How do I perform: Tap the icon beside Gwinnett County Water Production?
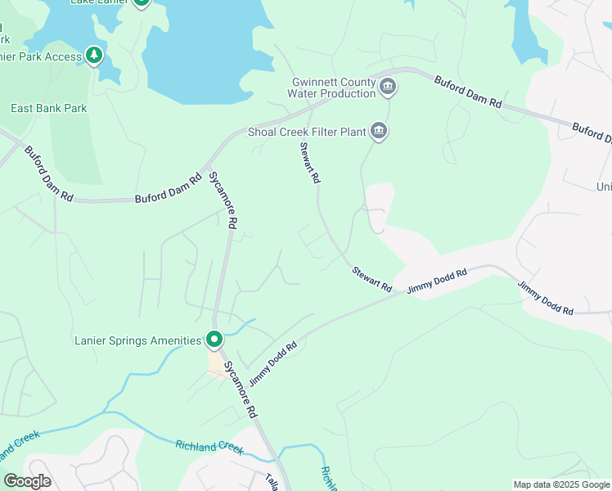coord(388,87)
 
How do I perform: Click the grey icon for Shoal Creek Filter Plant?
coord(378,130)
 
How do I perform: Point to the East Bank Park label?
coord(49,108)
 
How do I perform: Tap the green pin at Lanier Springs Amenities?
coord(214,339)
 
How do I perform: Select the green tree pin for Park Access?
coord(96,56)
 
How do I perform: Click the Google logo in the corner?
coord(27,480)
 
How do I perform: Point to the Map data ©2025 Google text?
coord(561,484)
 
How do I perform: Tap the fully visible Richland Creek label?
coord(209,447)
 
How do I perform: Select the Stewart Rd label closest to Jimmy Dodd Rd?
coord(372,278)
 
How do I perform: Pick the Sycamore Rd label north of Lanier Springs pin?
coord(222,200)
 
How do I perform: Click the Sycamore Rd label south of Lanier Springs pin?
coord(241,388)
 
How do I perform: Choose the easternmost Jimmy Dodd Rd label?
coord(545,298)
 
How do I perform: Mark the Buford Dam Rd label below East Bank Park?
coord(49,174)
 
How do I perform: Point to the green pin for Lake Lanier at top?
coord(141,2)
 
